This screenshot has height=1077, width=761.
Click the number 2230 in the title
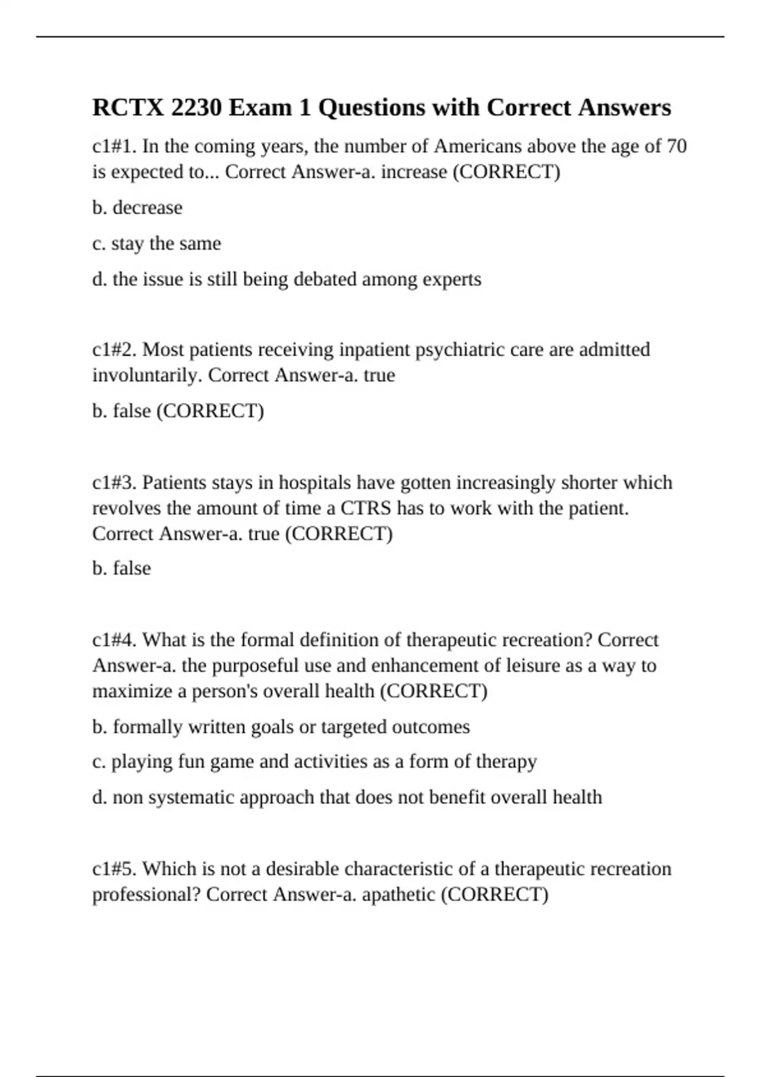(x=196, y=108)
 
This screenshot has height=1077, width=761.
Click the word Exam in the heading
(x=259, y=108)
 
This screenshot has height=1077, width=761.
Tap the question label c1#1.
(x=114, y=146)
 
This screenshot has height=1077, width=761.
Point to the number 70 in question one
(x=677, y=146)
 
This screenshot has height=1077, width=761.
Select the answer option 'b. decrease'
(x=137, y=208)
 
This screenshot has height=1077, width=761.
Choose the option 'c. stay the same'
(x=157, y=244)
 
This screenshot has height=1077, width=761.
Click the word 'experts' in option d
(x=453, y=279)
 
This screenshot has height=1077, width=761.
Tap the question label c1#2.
(x=114, y=350)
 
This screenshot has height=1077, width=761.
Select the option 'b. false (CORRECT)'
(x=178, y=411)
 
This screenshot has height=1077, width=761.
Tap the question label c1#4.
(x=114, y=640)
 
